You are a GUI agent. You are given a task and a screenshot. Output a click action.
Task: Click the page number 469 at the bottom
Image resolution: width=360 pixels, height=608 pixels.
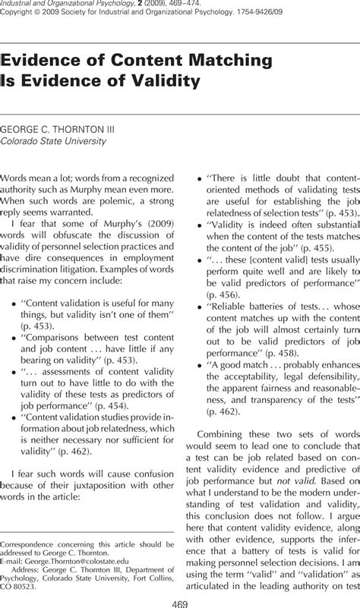click(180, 602)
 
